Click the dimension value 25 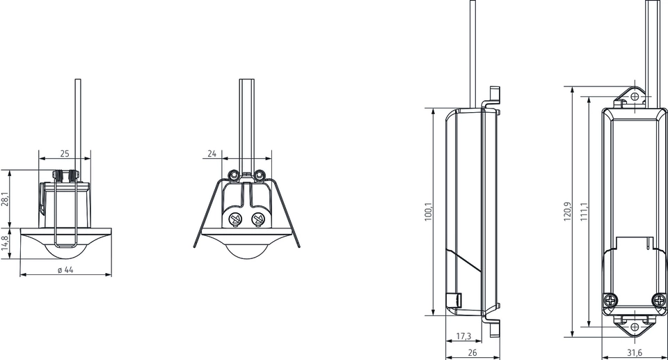[x=64, y=152]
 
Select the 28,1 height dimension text [x=6, y=200]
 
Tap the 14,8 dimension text [x=6, y=243]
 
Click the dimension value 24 [x=212, y=152]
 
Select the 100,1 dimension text [x=428, y=212]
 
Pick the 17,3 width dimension [x=463, y=336]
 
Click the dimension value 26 [x=472, y=352]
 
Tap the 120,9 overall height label [x=567, y=212]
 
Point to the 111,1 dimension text [x=583, y=212]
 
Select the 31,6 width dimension [x=634, y=352]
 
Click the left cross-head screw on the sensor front [x=235, y=221]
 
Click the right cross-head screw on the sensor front [x=258, y=221]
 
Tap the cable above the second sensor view [x=247, y=118]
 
